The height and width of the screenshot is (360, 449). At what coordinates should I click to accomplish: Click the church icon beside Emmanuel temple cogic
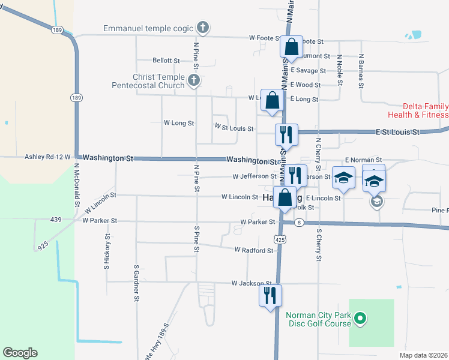(x=203, y=27)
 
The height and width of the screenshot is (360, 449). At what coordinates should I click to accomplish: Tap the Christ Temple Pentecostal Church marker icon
(x=193, y=80)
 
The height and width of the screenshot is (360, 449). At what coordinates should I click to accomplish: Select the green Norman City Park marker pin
(x=360, y=318)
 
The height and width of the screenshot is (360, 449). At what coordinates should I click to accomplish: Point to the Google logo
(x=20, y=353)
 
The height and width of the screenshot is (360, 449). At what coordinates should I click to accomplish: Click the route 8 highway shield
(x=298, y=223)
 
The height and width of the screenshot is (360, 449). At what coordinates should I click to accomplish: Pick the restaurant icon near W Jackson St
(x=270, y=295)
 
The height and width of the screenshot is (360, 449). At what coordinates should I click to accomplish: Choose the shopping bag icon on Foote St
(x=291, y=47)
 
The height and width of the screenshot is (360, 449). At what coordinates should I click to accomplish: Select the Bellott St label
(x=166, y=61)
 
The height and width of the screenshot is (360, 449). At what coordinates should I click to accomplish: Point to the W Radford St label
(x=254, y=250)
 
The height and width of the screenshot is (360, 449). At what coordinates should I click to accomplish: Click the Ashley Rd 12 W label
(x=47, y=157)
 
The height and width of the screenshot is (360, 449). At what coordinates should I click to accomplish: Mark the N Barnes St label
(x=361, y=70)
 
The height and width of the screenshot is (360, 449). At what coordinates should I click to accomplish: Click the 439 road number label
(x=56, y=220)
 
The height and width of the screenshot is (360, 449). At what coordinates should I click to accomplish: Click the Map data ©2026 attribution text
(x=424, y=355)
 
